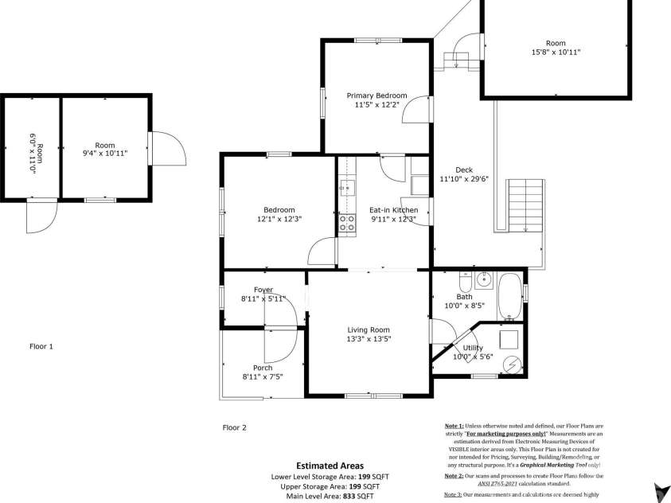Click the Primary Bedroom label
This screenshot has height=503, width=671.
pyautogui.click(x=376, y=96)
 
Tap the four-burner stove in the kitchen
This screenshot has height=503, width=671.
pyautogui.click(x=348, y=223)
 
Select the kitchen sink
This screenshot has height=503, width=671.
pyautogui.click(x=347, y=188)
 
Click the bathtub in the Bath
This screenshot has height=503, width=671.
pyautogui.click(x=509, y=296)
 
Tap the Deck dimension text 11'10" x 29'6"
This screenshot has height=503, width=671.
pyautogui.click(x=464, y=179)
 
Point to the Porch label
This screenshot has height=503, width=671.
pyautogui.click(x=263, y=368)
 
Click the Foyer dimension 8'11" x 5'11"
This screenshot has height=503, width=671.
pyautogui.click(x=263, y=299)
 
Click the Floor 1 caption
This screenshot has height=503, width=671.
pyautogui.click(x=41, y=346)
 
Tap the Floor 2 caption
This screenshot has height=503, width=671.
pyautogui.click(x=234, y=427)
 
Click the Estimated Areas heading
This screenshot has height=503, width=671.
pyautogui.click(x=330, y=466)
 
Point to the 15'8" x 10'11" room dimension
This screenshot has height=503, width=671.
pyautogui.click(x=556, y=52)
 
